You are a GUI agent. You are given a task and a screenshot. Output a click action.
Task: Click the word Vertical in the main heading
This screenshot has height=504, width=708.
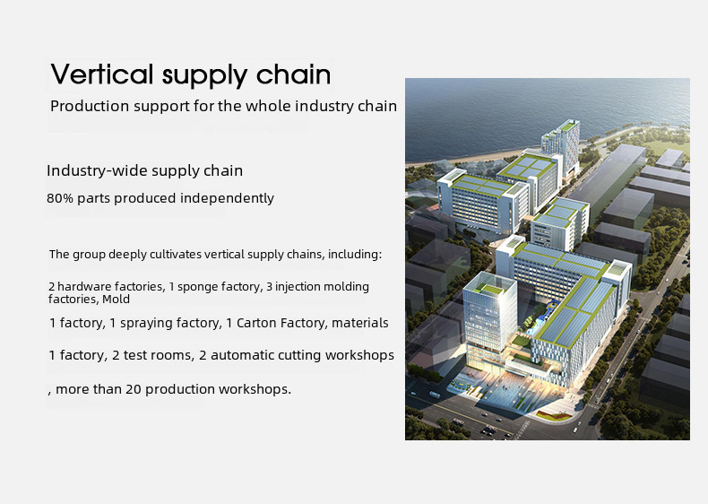[x=102, y=74]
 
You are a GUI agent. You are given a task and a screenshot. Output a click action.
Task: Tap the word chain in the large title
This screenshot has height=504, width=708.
[x=294, y=74]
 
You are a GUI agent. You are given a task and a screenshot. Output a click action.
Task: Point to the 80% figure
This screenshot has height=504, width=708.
[x=60, y=198]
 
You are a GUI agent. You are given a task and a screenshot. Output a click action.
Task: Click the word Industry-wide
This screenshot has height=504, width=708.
[x=98, y=170]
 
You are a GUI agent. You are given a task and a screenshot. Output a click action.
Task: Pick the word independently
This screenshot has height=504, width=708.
[x=227, y=198]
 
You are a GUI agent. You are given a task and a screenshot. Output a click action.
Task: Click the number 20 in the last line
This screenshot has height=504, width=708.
[x=134, y=389]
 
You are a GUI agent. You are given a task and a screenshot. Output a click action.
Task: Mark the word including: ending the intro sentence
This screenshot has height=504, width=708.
[x=355, y=255]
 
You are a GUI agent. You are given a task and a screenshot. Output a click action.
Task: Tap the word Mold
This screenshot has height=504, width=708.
[x=116, y=300]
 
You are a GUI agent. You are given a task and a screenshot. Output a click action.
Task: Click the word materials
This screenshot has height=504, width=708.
[x=360, y=323]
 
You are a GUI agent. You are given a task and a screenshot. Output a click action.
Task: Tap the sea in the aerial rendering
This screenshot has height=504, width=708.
[x=519, y=113]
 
